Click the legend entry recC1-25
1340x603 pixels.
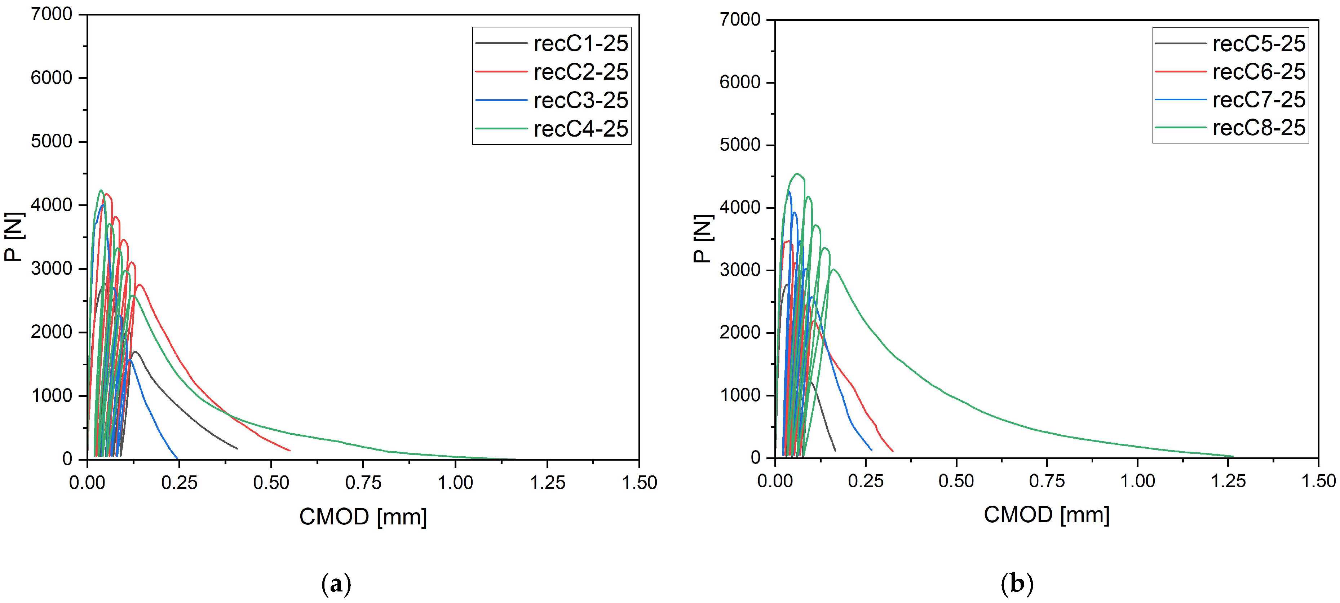(x=580, y=44)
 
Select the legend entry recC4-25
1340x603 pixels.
(x=580, y=129)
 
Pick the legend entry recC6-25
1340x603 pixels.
(x=1259, y=72)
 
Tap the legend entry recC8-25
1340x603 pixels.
(x=1259, y=128)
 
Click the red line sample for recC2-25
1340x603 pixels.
(x=501, y=72)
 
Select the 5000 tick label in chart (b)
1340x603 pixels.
(x=740, y=145)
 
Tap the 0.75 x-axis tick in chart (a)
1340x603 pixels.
(x=363, y=483)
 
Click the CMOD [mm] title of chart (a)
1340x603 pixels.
(x=363, y=516)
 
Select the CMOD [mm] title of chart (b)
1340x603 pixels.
(x=1047, y=515)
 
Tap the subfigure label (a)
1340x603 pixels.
(x=337, y=584)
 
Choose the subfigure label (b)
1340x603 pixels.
(x=1017, y=584)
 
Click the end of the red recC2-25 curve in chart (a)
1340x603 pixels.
(x=290, y=451)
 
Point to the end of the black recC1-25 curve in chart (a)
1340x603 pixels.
(x=237, y=448)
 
